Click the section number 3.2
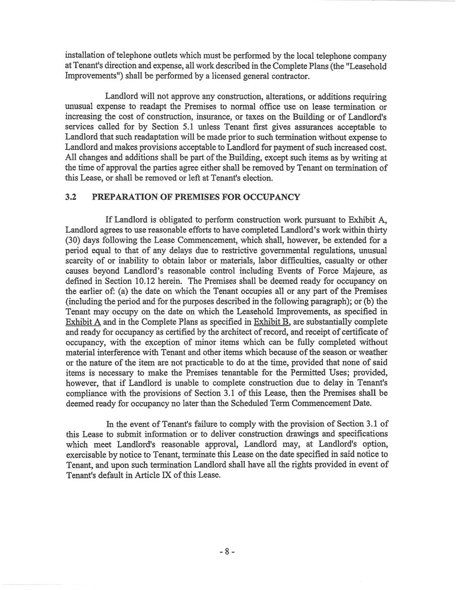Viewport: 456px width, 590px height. click(x=70, y=198)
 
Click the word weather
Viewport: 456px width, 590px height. click(x=373, y=353)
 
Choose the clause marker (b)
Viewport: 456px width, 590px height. click(x=367, y=301)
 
